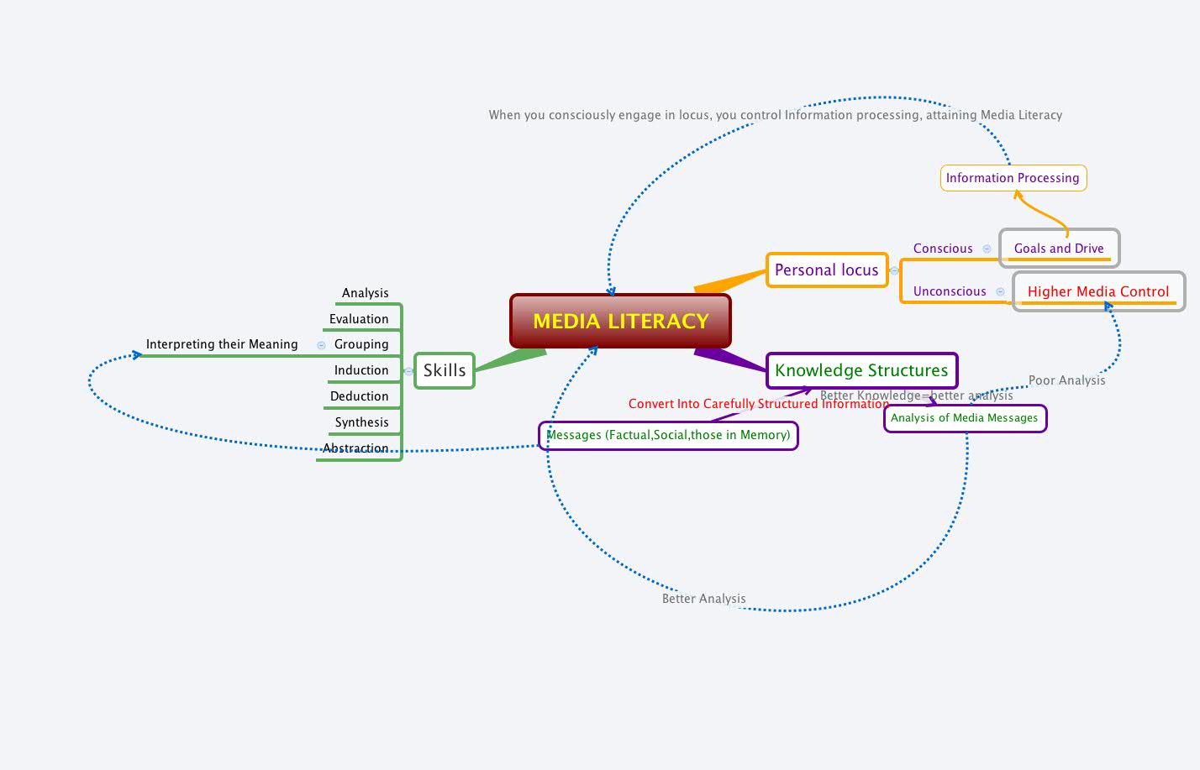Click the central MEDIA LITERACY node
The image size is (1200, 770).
(620, 321)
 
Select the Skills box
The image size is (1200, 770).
(445, 370)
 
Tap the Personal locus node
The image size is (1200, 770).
(827, 270)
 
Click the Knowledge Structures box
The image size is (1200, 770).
(861, 370)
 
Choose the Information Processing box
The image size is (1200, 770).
(1013, 178)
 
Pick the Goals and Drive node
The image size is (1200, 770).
(1059, 249)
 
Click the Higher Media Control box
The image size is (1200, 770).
(1098, 292)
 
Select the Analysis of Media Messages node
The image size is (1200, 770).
(965, 418)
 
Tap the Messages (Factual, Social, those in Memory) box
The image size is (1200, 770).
(668, 435)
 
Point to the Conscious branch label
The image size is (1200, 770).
(943, 249)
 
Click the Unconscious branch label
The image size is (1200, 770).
(950, 291)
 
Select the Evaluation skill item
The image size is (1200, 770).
(359, 319)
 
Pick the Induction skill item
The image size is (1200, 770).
(361, 370)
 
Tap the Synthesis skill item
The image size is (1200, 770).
(361, 422)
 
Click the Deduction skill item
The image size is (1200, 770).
(359, 396)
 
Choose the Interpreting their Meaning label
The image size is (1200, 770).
(222, 344)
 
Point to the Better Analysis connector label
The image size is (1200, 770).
(704, 599)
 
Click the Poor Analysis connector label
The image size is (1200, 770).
(1066, 380)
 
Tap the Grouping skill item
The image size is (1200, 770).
(361, 344)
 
